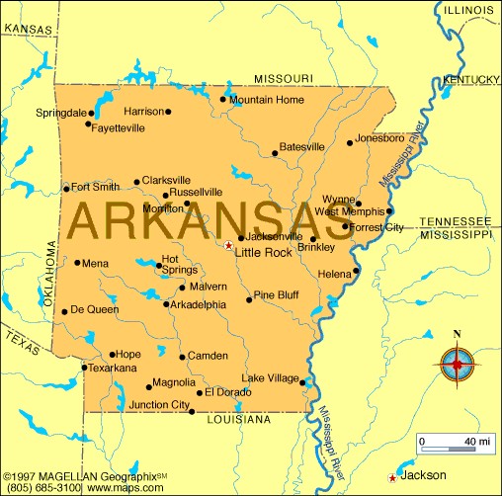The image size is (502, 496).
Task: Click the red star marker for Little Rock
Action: pyautogui.click(x=228, y=246)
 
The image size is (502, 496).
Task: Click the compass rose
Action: pyautogui.click(x=457, y=367)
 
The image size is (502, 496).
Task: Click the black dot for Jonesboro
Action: pyautogui.click(x=349, y=142)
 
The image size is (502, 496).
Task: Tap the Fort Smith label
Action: pyautogui.click(x=95, y=187)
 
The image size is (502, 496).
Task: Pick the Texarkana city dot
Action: pyautogui.click(x=83, y=368)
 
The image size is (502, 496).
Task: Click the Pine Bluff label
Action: pyautogui.click(x=276, y=295)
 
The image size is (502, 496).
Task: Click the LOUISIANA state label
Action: pyautogui.click(x=238, y=420)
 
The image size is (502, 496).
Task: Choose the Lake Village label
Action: pyautogui.click(x=271, y=378)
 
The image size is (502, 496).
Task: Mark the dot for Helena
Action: pyautogui.click(x=356, y=270)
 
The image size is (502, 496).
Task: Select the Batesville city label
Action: pyautogui.click(x=301, y=147)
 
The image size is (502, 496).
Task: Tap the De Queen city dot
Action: pyautogui.click(x=65, y=310)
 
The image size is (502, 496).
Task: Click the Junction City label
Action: pyautogui.click(x=158, y=404)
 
